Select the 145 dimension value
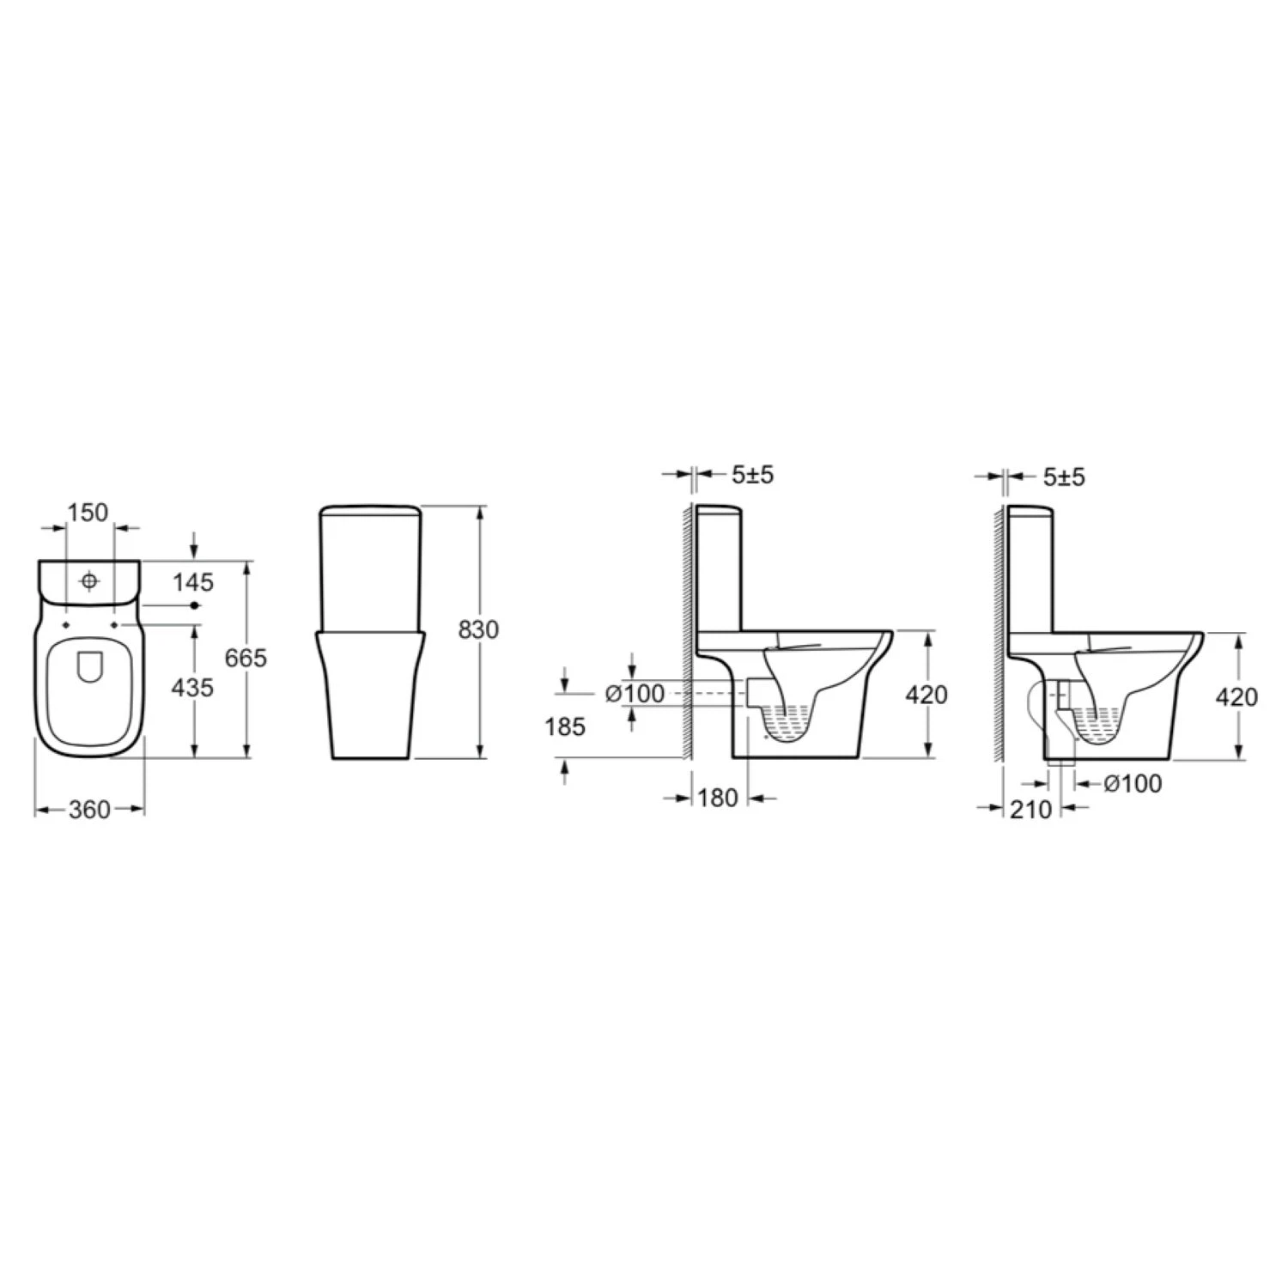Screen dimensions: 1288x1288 192,582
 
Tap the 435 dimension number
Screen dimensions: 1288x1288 192,687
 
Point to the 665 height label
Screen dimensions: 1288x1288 246,659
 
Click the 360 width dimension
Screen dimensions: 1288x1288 89,809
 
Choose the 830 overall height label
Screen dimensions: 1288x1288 477,629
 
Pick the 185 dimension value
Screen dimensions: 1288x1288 565,726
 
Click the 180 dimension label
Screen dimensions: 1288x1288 718,798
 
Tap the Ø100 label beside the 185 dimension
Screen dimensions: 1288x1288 635,693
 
